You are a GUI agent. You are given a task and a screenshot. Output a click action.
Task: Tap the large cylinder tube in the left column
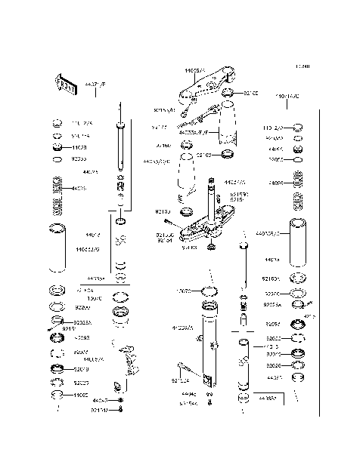click(57, 249)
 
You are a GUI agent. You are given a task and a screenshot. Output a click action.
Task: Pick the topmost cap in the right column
click(298, 126)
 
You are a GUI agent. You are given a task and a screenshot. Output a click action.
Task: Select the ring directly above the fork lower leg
click(209, 292)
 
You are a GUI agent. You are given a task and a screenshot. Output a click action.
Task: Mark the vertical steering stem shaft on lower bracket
click(209, 200)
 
